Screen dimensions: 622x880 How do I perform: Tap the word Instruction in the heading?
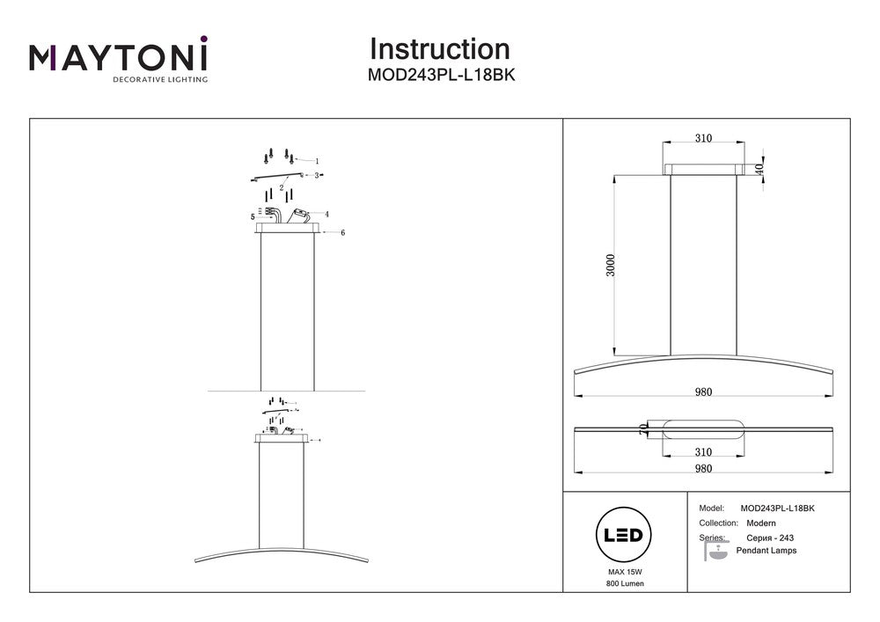click(x=439, y=49)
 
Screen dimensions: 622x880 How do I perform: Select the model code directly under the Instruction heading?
click(x=440, y=76)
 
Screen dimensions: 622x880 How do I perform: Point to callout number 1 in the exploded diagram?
click(x=317, y=161)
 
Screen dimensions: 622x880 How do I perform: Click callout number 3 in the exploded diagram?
click(x=317, y=175)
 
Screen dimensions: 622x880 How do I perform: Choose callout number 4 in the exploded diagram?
click(x=326, y=214)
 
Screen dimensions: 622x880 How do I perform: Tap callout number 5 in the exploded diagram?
click(x=252, y=216)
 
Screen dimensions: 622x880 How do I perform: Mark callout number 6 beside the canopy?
click(x=342, y=232)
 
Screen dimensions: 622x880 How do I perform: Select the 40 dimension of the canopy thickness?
click(x=759, y=168)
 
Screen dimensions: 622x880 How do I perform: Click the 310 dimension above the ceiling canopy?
click(x=703, y=138)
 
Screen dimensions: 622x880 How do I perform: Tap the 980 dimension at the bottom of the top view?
click(x=703, y=468)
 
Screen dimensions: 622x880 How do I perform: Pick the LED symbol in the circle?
click(x=624, y=535)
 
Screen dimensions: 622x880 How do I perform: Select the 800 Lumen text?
click(x=624, y=584)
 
